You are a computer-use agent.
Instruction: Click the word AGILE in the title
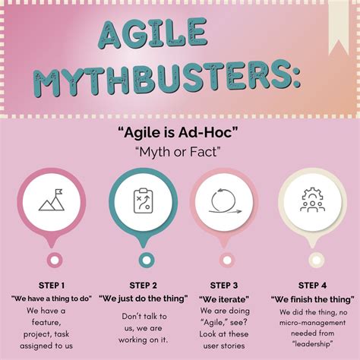(153, 33)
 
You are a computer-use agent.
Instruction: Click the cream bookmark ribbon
(338, 28)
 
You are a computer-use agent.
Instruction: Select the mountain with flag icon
(52, 200)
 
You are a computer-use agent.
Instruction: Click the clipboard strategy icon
(143, 201)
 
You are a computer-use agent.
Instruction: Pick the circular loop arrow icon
(225, 201)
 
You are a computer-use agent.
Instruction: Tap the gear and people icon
(312, 200)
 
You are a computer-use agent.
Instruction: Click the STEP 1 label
(52, 286)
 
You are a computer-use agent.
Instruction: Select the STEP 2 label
(143, 286)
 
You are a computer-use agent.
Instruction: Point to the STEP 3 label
(224, 286)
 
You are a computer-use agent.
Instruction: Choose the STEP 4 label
(312, 286)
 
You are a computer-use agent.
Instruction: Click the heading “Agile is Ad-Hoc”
(178, 133)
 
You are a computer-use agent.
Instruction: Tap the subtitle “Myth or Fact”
(178, 152)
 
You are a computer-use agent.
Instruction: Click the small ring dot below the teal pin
(147, 260)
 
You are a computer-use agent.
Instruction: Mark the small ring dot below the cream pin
(316, 260)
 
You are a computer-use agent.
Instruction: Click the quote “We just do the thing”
(144, 298)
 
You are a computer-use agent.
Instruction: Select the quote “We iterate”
(224, 299)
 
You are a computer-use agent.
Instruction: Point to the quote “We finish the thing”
(313, 299)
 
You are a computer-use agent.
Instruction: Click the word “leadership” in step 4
(312, 344)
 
